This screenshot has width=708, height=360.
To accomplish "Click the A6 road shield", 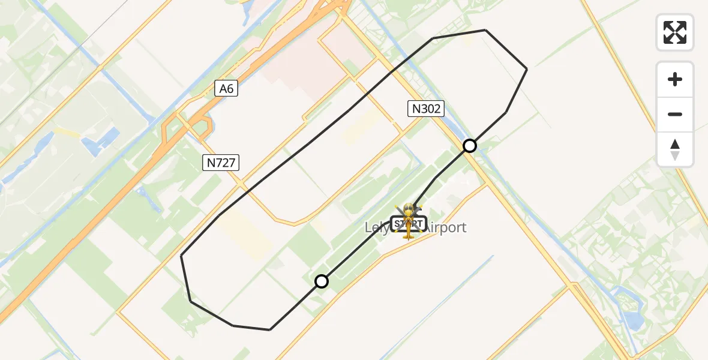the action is click(226, 89).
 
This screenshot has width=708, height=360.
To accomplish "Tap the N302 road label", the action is click(425, 109).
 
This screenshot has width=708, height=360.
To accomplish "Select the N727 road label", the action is click(221, 162).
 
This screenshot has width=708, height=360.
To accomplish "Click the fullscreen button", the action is click(675, 32).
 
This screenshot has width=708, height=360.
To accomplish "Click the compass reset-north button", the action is click(675, 149).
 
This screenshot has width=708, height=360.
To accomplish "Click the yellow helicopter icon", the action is click(408, 221).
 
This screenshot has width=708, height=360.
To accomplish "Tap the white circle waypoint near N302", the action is click(470, 146).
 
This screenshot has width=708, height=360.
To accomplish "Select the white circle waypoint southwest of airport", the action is click(322, 281).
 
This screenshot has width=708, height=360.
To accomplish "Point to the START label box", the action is click(408, 224).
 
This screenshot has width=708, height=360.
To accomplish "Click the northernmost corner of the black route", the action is click(485, 30).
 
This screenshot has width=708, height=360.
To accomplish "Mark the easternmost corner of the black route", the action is click(527, 70).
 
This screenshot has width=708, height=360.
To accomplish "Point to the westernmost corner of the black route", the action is click(181, 256).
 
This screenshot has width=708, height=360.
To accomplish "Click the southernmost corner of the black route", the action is click(270, 329).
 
